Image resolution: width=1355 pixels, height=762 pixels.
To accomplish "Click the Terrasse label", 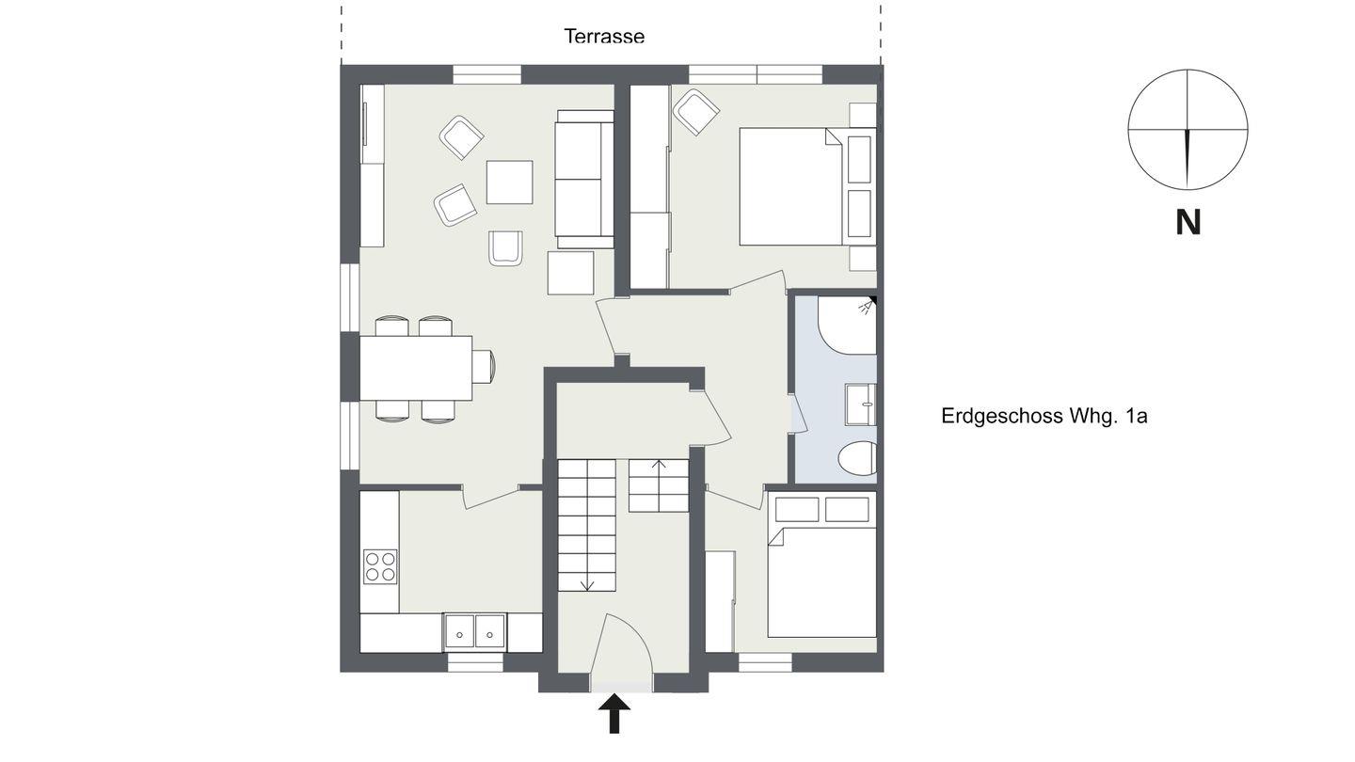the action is [x=604, y=37].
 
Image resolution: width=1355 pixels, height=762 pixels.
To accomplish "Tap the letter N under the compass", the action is [x=1188, y=223].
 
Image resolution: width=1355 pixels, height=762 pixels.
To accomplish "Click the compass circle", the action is [x=1188, y=71].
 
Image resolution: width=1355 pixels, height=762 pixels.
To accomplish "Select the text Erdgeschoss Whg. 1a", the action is [x=1044, y=416].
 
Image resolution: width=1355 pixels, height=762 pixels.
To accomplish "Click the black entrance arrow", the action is [x=614, y=714].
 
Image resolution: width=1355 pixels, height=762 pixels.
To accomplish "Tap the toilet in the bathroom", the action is [x=858, y=458].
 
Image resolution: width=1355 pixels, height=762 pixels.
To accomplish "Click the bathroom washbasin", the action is [x=861, y=405].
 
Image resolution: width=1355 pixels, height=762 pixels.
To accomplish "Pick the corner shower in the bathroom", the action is [x=847, y=325].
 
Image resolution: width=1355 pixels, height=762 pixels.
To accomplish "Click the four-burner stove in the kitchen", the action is [x=380, y=566].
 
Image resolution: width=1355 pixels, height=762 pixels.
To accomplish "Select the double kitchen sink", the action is [x=475, y=632].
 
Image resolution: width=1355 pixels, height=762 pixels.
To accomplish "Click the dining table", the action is [x=416, y=368].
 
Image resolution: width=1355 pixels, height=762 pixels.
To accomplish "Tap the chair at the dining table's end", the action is [x=484, y=367].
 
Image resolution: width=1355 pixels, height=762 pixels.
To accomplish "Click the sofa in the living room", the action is [x=584, y=179].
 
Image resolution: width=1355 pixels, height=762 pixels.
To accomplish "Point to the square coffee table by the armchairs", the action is [x=510, y=183].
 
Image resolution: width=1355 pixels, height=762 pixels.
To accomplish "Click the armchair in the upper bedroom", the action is [x=696, y=112].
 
